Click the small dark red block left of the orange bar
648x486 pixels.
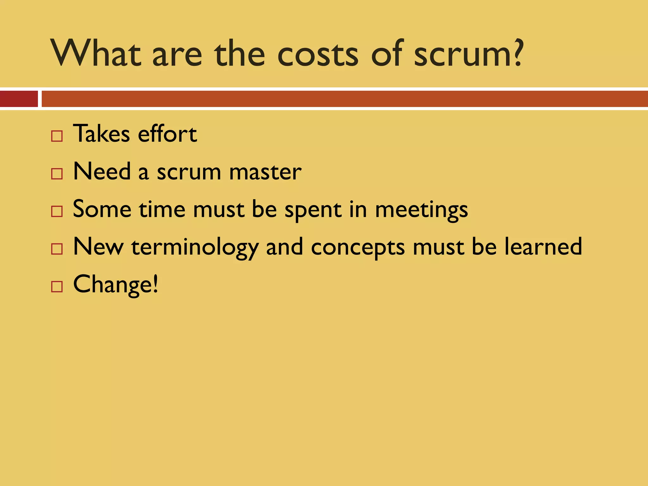point(19,99)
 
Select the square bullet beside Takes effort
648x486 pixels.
point(57,136)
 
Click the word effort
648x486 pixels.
point(167,134)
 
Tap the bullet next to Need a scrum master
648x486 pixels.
point(57,174)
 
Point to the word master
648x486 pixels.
point(265,172)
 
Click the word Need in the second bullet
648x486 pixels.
point(102,171)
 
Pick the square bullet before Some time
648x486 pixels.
point(57,211)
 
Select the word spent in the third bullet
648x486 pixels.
point(313,210)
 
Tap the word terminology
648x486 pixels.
point(195,248)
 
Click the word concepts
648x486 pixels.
point(358,248)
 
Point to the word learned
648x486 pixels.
point(543,246)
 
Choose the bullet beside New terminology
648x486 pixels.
point(57,249)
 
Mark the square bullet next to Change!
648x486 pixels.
point(57,287)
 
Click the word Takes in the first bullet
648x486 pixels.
point(102,134)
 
